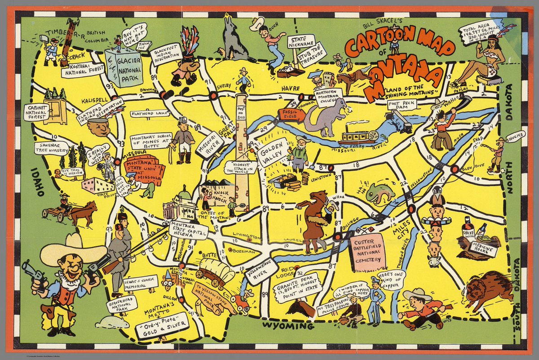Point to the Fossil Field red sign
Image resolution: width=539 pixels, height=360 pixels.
point(291,115)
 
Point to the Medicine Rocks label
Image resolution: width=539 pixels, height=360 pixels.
point(480,250)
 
